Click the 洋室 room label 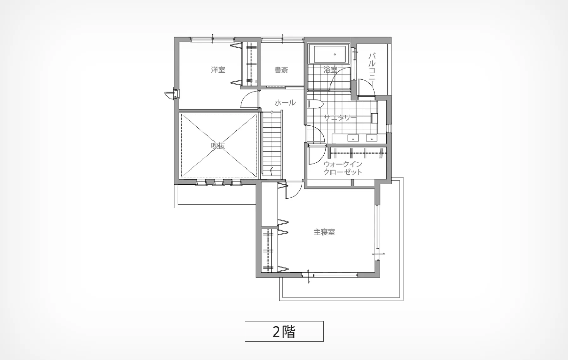click(218, 70)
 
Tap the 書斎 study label click(281, 70)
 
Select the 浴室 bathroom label click(330, 70)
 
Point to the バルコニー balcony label click(372, 70)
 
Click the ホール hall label click(285, 102)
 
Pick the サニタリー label click(340, 118)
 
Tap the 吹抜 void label click(218, 146)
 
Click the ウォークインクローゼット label click(343, 168)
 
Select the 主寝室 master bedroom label click(324, 232)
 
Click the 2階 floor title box click(284, 331)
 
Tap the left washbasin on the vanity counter click(353, 138)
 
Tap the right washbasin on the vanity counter click(371, 138)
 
